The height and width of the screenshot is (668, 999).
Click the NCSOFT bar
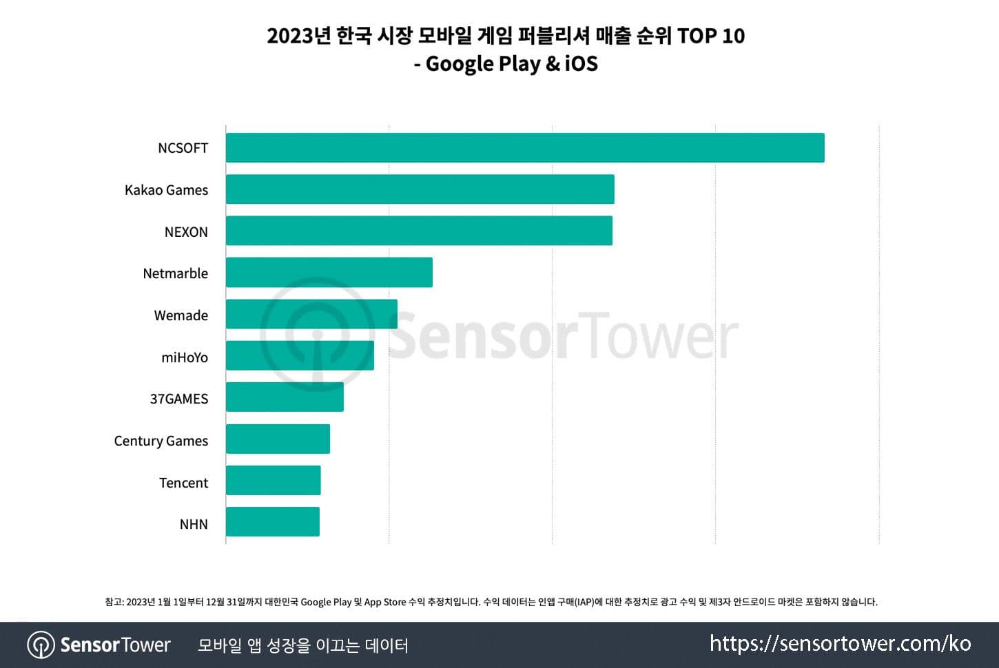[525, 148]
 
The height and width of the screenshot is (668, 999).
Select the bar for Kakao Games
[420, 189]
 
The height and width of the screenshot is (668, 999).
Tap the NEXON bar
[419, 231]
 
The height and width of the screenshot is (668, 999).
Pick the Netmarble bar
[329, 273]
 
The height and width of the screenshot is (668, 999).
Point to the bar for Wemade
[311, 314]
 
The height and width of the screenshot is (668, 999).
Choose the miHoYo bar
[300, 356]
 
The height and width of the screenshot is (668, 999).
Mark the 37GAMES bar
[285, 397]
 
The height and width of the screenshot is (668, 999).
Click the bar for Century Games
[278, 439]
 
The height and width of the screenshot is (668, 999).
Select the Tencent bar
[274, 481]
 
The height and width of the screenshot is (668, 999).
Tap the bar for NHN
[273, 522]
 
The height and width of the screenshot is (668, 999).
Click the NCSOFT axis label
[183, 148]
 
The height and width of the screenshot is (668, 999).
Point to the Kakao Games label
[166, 190]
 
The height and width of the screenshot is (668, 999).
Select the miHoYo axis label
[184, 357]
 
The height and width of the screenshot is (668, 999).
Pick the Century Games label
[161, 441]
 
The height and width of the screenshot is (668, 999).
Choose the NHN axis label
[194, 524]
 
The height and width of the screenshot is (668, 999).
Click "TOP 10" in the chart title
[710, 36]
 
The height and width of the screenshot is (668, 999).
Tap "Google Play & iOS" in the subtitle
[512, 64]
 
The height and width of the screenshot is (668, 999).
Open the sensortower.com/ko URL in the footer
[840, 644]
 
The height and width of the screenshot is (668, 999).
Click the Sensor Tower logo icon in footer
[41, 645]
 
